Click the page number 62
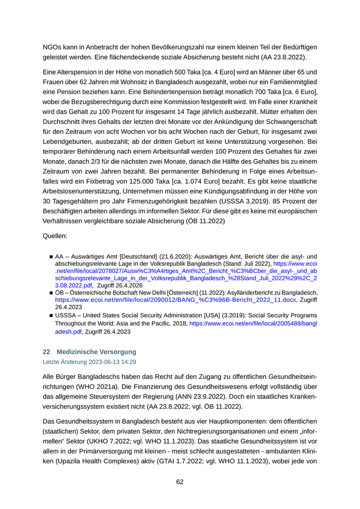(x=180, y=482)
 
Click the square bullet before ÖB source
(x=51, y=293)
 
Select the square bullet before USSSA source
(x=51, y=315)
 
